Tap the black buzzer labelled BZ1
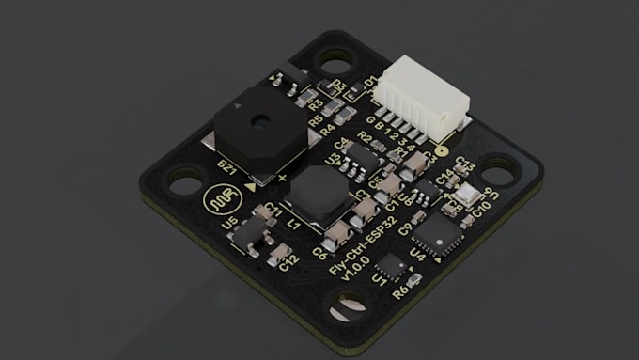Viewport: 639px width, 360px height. coord(254,132)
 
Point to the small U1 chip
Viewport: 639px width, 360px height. coord(392,266)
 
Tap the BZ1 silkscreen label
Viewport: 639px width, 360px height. coord(226,168)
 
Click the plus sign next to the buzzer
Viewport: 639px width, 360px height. coord(281,176)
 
